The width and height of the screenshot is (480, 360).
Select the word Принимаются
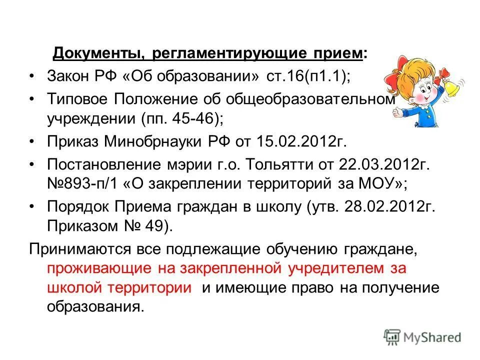coord(75,248)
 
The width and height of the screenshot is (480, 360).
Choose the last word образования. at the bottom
coord(95,306)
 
